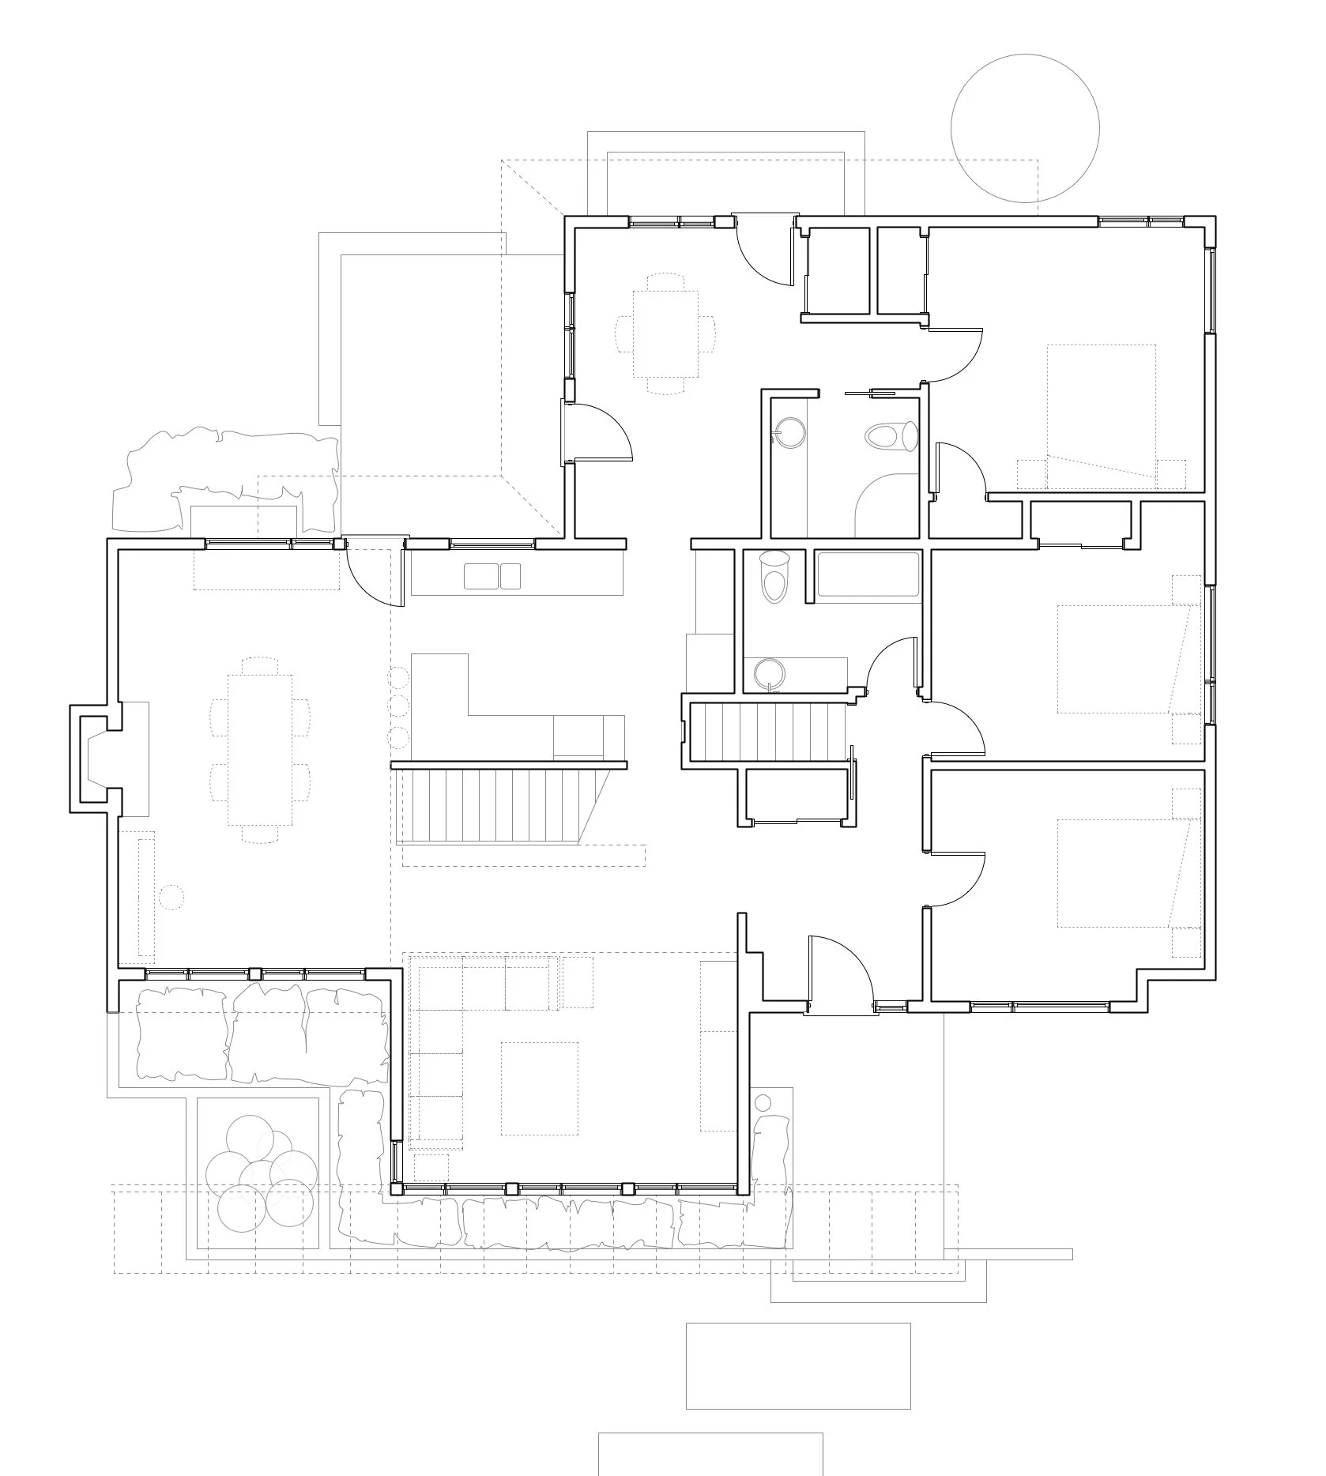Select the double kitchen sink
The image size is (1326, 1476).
click(x=492, y=576)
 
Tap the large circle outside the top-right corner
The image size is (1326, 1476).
click(x=1025, y=128)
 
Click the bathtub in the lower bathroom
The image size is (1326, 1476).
click(x=868, y=574)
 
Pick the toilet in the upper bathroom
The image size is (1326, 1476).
click(x=891, y=435)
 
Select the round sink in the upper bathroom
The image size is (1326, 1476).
click(x=789, y=433)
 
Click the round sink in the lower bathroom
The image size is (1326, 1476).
click(x=768, y=674)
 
